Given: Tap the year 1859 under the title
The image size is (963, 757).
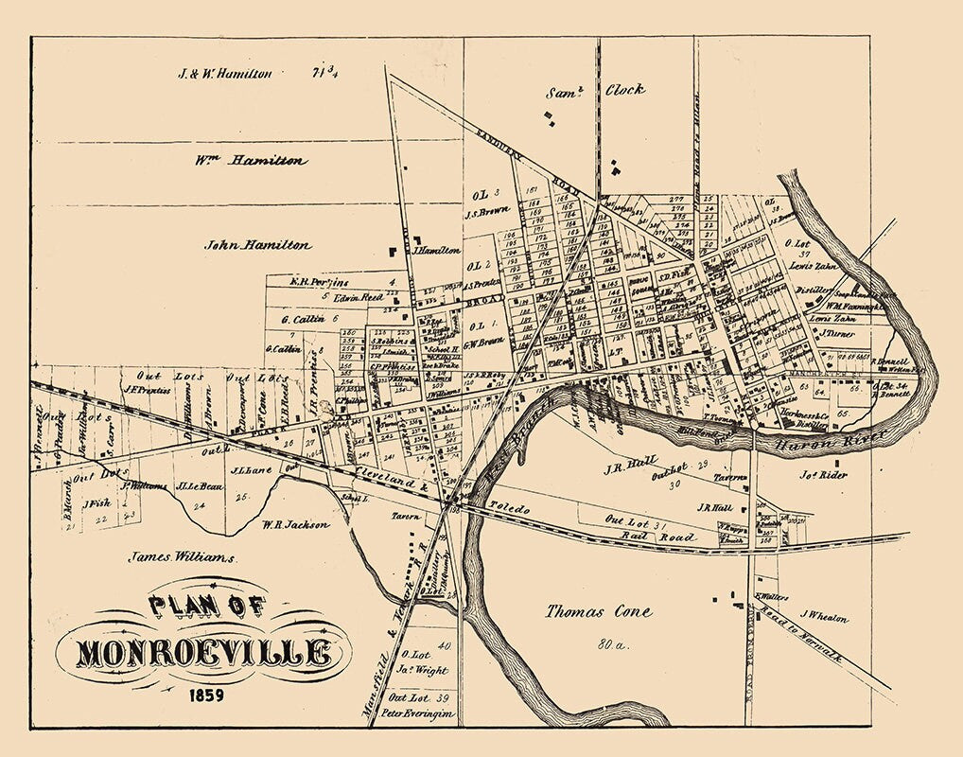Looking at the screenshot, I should pyautogui.click(x=204, y=698).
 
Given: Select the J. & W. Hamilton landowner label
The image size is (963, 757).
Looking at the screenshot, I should pyautogui.click(x=226, y=73).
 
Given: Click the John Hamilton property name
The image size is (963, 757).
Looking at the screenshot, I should pyautogui.click(x=257, y=244).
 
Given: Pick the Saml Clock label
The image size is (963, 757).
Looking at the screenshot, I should pyautogui.click(x=596, y=91).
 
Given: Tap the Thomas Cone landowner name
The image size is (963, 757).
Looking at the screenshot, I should pyautogui.click(x=598, y=611).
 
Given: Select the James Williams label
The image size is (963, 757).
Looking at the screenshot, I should pyautogui.click(x=182, y=558).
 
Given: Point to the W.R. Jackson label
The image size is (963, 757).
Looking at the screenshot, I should pyautogui.click(x=295, y=523).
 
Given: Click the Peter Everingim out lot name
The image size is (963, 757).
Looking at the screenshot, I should pyautogui.click(x=423, y=713).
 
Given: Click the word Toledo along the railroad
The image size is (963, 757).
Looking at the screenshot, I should pyautogui.click(x=509, y=508).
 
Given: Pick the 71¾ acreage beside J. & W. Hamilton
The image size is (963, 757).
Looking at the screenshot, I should pyautogui.click(x=327, y=72).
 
